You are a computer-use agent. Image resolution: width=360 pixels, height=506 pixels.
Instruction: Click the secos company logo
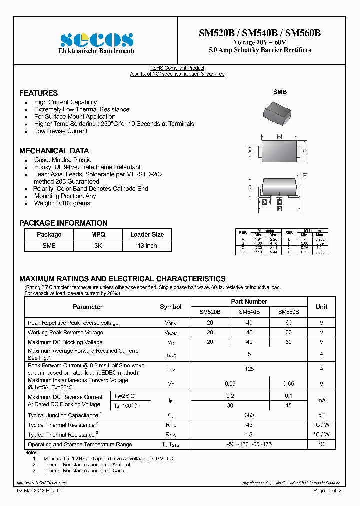pyautogui.click(x=97, y=39)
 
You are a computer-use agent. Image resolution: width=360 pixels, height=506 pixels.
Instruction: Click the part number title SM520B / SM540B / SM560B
pyautogui.click(x=260, y=33)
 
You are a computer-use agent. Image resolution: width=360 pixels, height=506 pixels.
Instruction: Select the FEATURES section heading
pyautogui.click(x=38, y=93)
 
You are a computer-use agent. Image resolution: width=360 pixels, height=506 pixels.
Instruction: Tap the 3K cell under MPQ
pyautogui.click(x=98, y=246)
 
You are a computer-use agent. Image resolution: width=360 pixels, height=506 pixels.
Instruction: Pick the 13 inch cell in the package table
pyautogui.click(x=147, y=246)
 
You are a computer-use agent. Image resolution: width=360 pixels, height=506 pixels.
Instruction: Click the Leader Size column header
pyautogui.click(x=147, y=234)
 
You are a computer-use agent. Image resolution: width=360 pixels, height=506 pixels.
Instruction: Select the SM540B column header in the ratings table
pyautogui.click(x=249, y=312)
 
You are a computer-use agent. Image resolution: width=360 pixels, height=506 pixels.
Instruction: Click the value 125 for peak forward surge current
pyautogui.click(x=249, y=369)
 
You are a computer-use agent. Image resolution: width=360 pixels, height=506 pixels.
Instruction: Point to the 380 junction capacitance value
pyautogui.click(x=249, y=415)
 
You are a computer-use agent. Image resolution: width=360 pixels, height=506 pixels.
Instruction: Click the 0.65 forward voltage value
pyautogui.click(x=289, y=383)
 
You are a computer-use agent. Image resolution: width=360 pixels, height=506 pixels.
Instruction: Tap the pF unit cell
pyautogui.click(x=321, y=415)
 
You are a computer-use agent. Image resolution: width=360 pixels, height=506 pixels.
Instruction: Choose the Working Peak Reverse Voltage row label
pyautogui.click(x=65, y=332)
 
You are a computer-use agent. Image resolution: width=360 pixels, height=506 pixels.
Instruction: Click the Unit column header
pyautogui.click(x=321, y=306)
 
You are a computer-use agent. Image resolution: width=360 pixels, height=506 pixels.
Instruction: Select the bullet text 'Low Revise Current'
pyautogui.click(x=61, y=131)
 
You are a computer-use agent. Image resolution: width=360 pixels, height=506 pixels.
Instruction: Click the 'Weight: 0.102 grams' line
pyautogui.click(x=62, y=203)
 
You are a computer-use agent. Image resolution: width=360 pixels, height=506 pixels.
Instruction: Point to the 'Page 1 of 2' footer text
pyautogui.click(x=327, y=491)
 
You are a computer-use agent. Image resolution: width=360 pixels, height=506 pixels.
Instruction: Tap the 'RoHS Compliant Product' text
pyautogui.click(x=177, y=68)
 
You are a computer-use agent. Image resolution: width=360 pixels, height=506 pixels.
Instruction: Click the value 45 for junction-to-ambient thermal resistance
pyautogui.click(x=249, y=425)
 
